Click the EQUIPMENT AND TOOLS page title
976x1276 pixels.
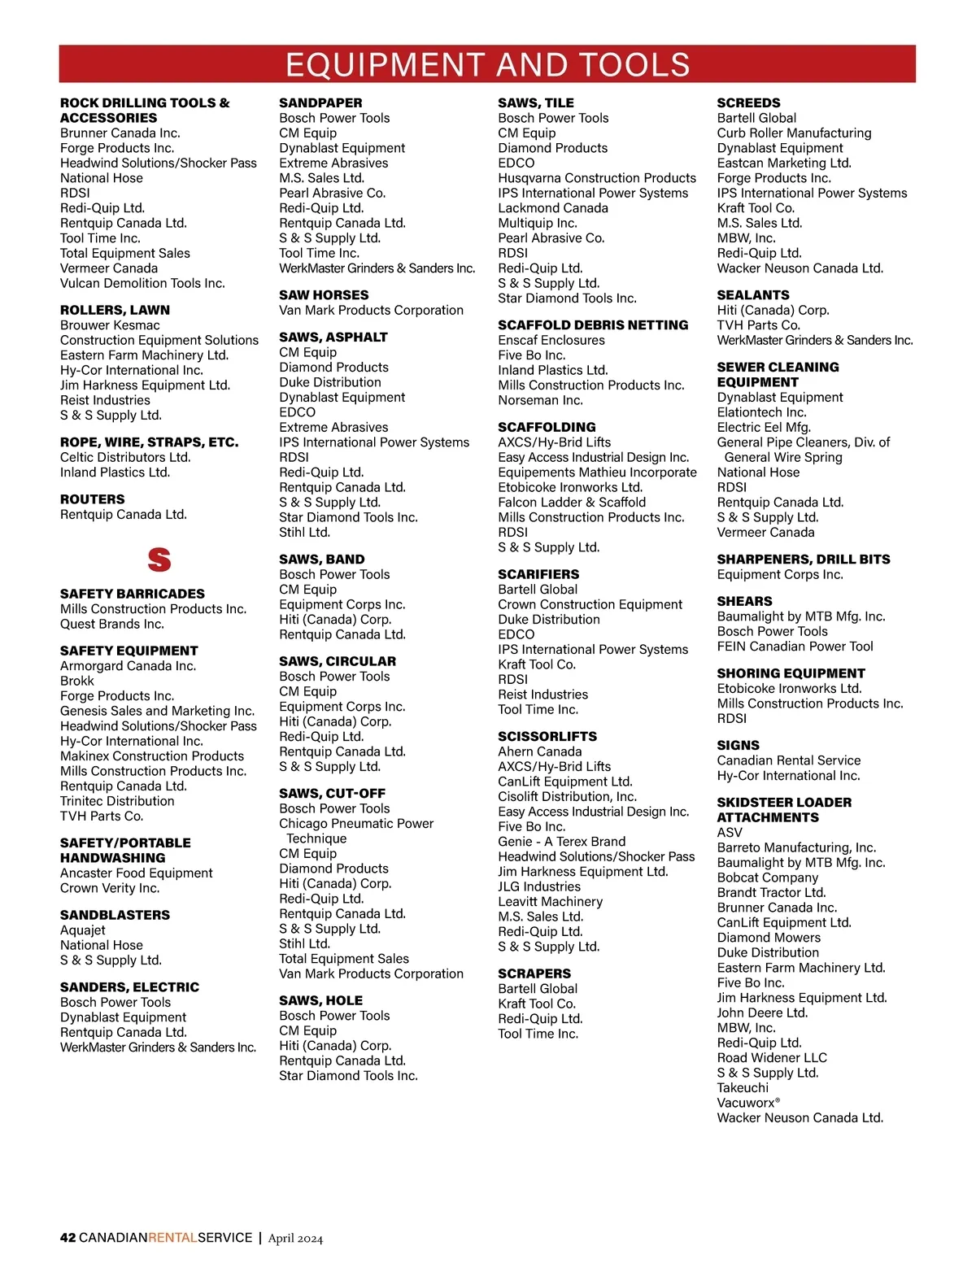(487, 64)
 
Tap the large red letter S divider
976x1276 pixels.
(159, 560)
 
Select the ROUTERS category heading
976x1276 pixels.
(93, 499)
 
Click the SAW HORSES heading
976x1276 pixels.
(324, 295)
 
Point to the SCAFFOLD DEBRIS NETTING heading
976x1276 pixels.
(593, 325)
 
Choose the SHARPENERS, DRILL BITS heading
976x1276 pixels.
(804, 560)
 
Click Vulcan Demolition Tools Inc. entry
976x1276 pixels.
(142, 283)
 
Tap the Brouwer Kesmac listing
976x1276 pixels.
(110, 325)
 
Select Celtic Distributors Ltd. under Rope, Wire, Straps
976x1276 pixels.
(125, 457)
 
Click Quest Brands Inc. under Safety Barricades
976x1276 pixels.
(112, 624)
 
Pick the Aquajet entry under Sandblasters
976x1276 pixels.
(83, 930)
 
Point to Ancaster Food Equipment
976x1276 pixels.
(137, 873)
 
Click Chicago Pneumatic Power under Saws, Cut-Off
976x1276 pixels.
(356, 823)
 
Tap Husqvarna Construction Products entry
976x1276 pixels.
(597, 178)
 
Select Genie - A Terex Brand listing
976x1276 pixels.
(562, 842)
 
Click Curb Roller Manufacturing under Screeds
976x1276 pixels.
(794, 133)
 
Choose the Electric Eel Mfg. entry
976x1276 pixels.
(764, 427)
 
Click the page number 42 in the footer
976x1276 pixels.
(68, 1238)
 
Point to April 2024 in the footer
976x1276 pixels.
(296, 1239)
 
